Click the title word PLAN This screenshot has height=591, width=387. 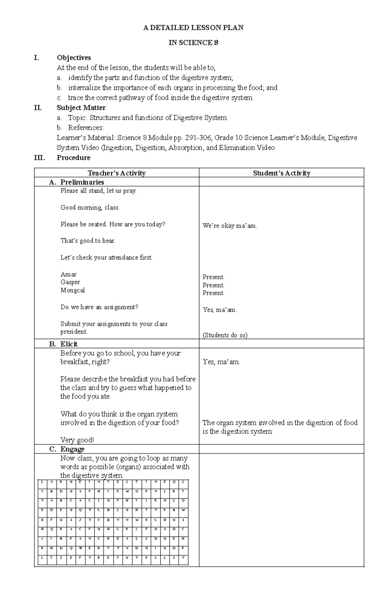click(x=234, y=28)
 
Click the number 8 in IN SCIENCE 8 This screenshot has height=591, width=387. click(x=216, y=43)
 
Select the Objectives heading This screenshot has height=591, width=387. click(x=74, y=58)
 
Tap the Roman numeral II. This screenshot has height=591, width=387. click(x=38, y=108)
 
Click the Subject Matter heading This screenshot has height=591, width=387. click(x=81, y=108)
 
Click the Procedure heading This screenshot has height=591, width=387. click(x=74, y=157)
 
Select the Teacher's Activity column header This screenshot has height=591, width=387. click(x=117, y=173)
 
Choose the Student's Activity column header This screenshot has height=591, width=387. click(x=282, y=173)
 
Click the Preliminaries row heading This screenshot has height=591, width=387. click(x=82, y=182)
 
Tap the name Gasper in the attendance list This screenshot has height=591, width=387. click(x=70, y=282)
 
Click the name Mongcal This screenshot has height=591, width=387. click(x=73, y=290)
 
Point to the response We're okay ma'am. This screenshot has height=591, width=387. click(x=230, y=226)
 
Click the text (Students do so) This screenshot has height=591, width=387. click(x=225, y=335)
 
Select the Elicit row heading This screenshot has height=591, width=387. click(x=69, y=344)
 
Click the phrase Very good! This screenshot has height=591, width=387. click(x=77, y=440)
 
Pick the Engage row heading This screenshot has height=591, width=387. click(x=72, y=449)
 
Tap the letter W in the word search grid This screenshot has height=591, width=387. click(x=80, y=548)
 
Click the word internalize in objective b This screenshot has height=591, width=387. click(x=84, y=88)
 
